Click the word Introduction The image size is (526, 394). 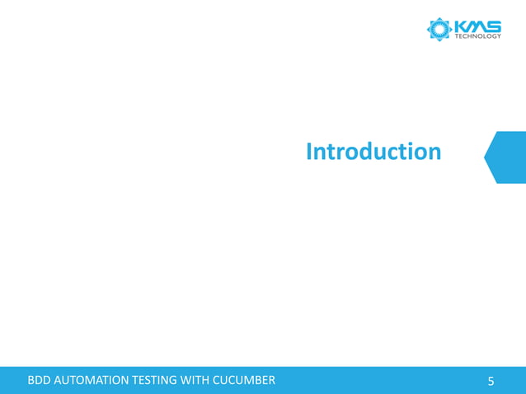click(x=373, y=152)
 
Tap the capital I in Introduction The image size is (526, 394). click(x=309, y=152)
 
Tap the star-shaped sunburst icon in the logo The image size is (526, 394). click(x=439, y=30)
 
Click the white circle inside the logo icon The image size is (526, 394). click(x=439, y=30)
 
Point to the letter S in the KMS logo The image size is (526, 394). click(x=492, y=26)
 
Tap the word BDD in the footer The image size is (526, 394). click(x=39, y=380)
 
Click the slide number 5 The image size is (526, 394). click(x=491, y=381)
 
